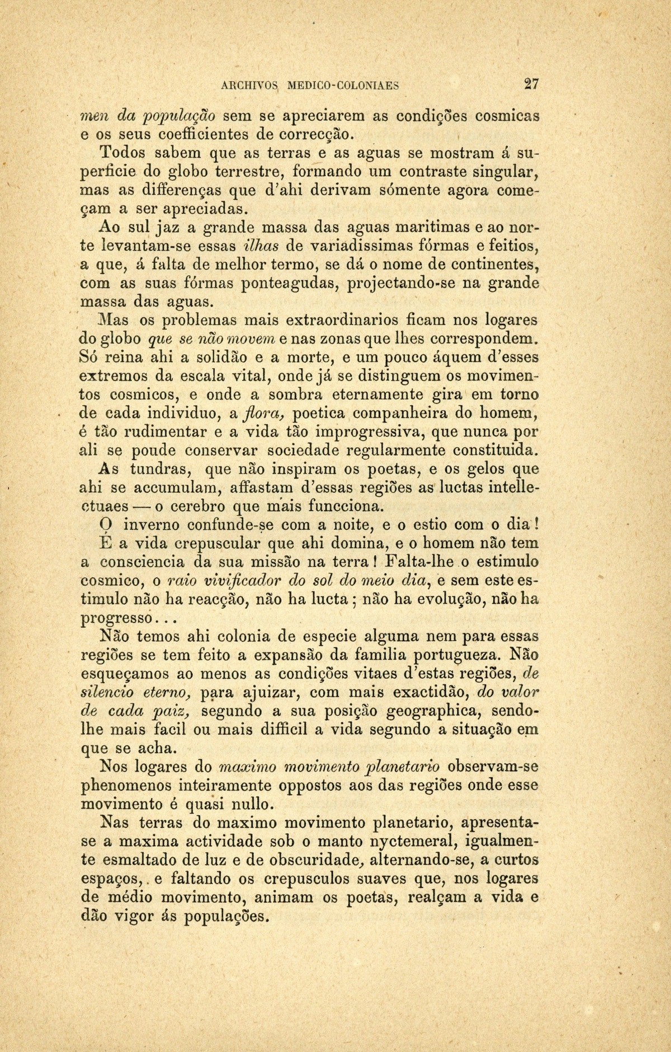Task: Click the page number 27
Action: pos(531,84)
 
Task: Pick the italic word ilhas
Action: pos(263,246)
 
